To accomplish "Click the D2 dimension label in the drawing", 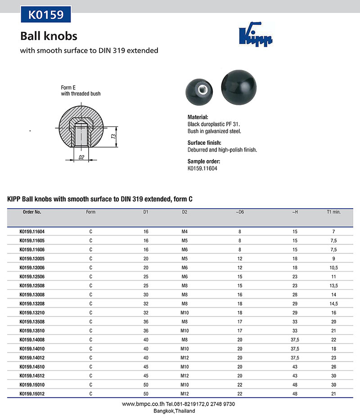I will (81, 157).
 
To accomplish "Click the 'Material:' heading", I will (198, 117).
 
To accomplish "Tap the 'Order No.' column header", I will (32, 211).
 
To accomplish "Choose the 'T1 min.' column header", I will (334, 211).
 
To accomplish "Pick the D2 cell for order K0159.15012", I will (184, 394).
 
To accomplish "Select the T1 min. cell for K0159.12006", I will (334, 267).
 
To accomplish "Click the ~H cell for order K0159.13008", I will (295, 295).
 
